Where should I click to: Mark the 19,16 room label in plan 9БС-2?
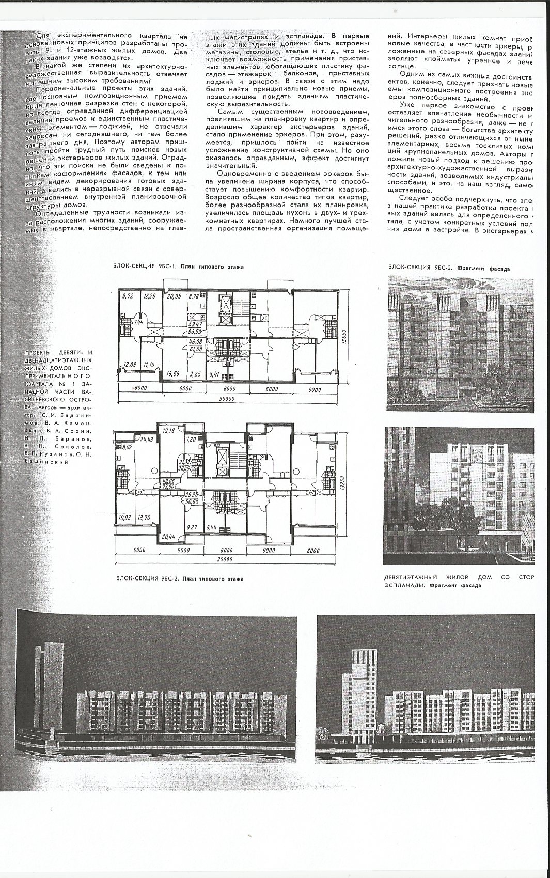tap(168, 429)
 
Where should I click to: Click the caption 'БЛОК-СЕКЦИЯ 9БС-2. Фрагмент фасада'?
tap(448, 268)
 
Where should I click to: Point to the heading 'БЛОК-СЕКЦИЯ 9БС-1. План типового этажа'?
tap(178, 267)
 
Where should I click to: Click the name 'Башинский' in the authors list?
tap(47, 462)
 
